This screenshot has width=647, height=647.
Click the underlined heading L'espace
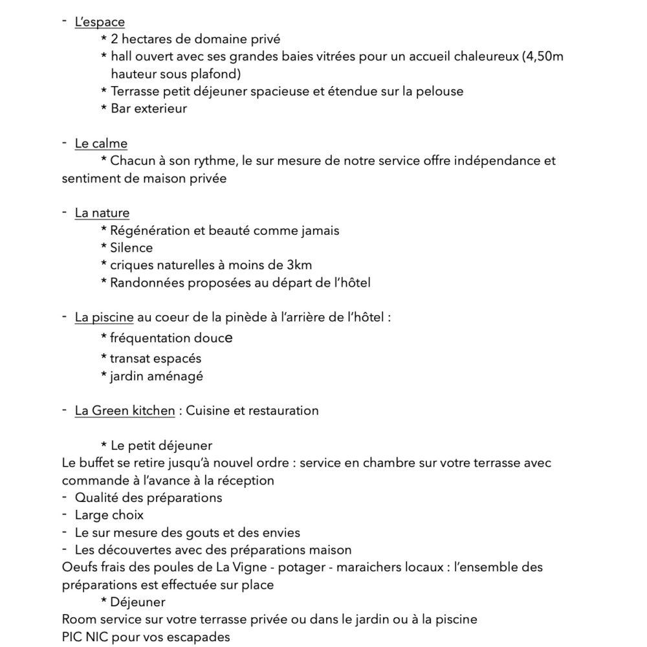[x=100, y=22]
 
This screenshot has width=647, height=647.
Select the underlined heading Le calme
[x=101, y=143]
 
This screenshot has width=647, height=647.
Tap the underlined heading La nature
[x=102, y=213]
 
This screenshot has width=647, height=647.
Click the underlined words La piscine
[x=104, y=317]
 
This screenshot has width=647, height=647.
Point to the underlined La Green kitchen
[x=125, y=410]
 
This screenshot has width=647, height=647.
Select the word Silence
[x=132, y=248]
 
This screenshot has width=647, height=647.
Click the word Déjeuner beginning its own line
[x=138, y=602]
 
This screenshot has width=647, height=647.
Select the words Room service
[x=101, y=619]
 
